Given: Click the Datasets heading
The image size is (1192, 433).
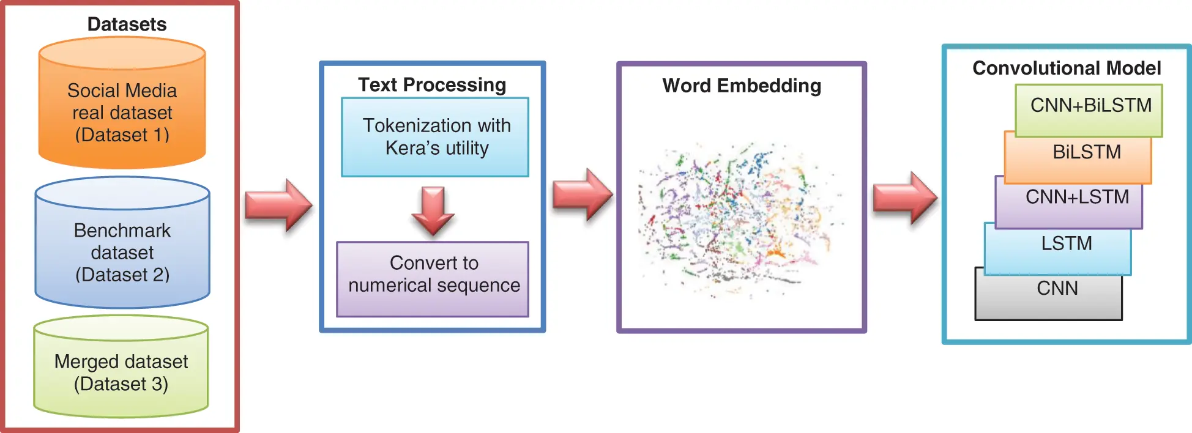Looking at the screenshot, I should click(x=127, y=24).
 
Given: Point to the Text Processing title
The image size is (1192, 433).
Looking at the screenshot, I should click(x=432, y=84).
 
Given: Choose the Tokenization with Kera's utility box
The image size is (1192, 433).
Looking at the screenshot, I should click(x=435, y=137).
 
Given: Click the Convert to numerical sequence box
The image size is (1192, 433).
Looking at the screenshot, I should click(x=433, y=279).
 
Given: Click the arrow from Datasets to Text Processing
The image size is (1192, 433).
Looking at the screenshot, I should click(x=278, y=205).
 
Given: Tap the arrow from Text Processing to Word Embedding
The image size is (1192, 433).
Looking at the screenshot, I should click(x=582, y=194).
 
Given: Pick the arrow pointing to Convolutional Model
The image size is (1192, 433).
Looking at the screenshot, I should click(x=904, y=198).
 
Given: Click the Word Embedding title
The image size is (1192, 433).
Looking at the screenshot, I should click(x=742, y=86).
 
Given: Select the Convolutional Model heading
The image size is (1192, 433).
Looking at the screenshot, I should click(x=1067, y=68).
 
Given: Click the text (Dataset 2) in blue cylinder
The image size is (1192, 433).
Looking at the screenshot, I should click(x=122, y=275).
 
